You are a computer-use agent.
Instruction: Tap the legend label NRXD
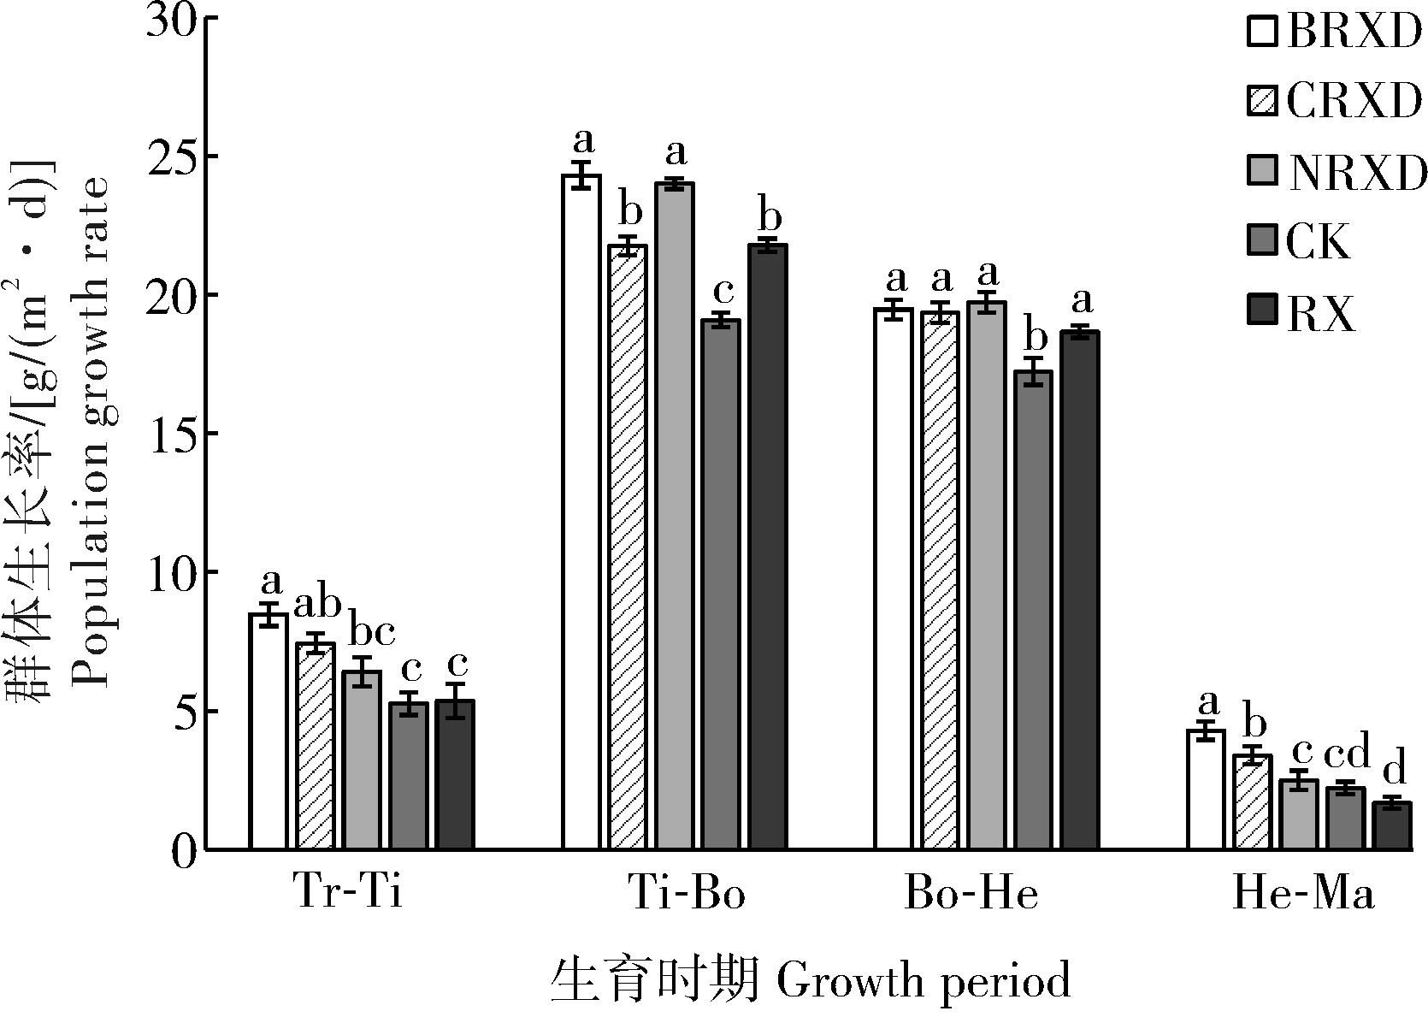tap(1355, 173)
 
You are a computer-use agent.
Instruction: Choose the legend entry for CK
tap(1317, 243)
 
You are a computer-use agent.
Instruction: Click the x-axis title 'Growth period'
tap(924, 981)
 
